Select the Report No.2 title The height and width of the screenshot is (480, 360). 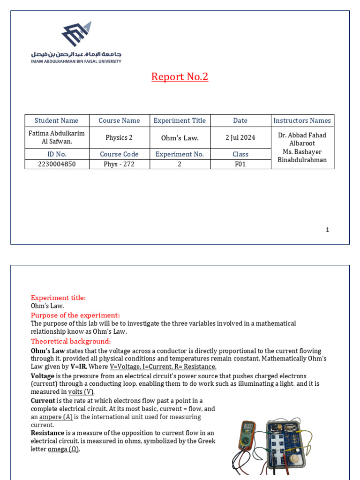180,76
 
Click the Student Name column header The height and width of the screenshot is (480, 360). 57,120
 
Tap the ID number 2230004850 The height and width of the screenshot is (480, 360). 57,164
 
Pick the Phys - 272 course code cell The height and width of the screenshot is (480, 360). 119,164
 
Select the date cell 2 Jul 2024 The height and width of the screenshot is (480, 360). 240,138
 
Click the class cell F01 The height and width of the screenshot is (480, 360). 240,164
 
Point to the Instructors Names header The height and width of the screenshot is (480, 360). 302,120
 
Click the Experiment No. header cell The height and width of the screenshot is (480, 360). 180,154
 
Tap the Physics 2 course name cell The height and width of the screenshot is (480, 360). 119,138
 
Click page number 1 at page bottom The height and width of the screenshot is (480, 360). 327,230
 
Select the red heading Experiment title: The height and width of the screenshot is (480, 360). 58,298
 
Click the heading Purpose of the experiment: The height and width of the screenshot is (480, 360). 75,315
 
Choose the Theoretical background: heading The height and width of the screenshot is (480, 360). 71,341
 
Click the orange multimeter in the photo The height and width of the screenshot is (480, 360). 247,436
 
